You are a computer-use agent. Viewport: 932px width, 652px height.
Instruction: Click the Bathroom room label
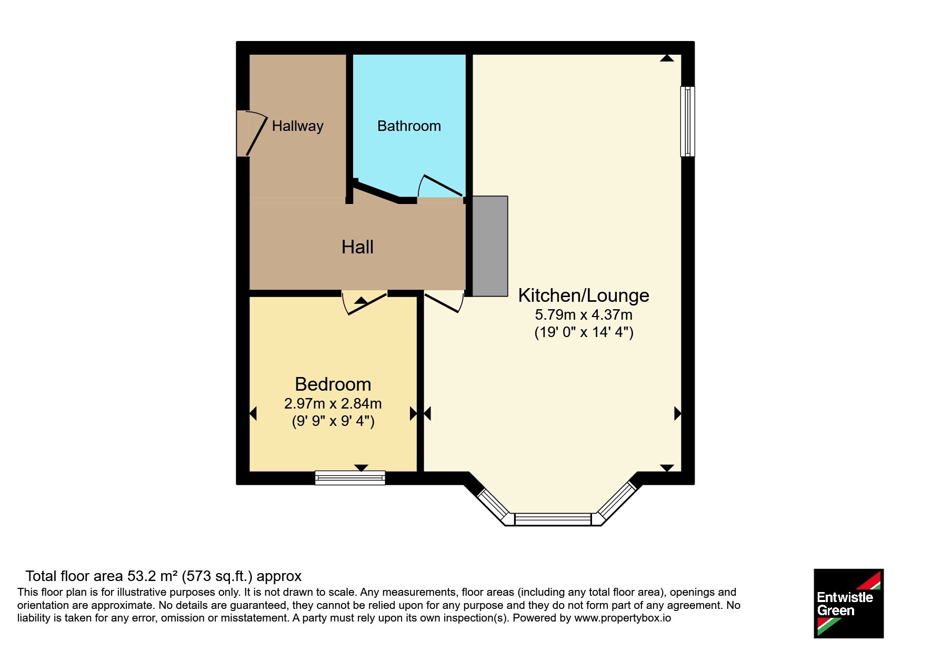(x=409, y=126)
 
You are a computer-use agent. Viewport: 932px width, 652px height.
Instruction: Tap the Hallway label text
(x=297, y=127)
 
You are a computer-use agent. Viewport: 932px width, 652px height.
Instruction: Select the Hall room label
(x=357, y=247)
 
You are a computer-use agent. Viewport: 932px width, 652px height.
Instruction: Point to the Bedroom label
(x=333, y=384)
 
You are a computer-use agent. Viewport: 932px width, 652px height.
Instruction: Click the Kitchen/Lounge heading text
(x=584, y=296)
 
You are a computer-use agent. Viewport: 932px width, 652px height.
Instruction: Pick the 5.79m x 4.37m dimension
(x=584, y=315)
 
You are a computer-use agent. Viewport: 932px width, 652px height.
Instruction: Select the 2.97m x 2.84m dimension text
(x=333, y=404)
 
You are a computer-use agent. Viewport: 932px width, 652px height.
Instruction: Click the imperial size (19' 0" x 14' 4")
(x=584, y=332)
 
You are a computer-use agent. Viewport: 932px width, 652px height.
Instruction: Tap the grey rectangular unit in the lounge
(x=489, y=246)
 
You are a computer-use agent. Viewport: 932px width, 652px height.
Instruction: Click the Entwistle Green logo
(x=848, y=604)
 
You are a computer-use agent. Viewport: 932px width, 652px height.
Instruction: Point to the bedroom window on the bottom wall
(x=350, y=477)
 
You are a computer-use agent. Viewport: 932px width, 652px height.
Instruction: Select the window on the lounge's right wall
(x=687, y=121)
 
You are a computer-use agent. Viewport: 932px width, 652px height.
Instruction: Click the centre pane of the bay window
(x=553, y=519)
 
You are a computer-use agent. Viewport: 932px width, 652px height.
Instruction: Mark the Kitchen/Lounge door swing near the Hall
(x=443, y=302)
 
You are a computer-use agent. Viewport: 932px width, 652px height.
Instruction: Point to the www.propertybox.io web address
(x=622, y=618)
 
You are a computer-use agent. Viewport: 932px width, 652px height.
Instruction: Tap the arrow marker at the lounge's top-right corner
(x=667, y=58)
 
